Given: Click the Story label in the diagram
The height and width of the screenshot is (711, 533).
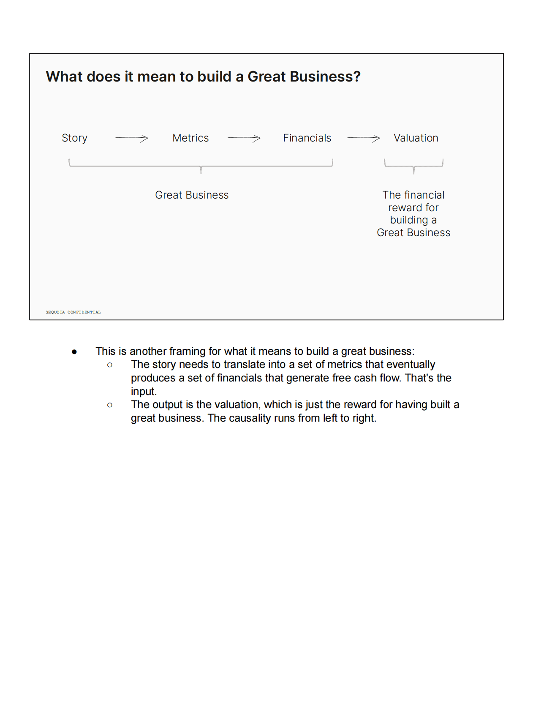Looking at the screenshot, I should [x=74, y=138].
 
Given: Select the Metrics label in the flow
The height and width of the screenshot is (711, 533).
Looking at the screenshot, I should [x=190, y=138].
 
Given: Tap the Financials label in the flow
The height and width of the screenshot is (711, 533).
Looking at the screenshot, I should [x=307, y=138].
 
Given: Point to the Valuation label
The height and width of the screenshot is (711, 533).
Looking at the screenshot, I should [x=416, y=138].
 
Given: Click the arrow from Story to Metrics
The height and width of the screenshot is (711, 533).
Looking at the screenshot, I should [x=132, y=138].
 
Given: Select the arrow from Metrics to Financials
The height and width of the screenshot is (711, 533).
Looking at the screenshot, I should [x=244, y=138].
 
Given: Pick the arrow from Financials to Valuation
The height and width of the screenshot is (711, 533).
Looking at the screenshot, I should [x=364, y=138].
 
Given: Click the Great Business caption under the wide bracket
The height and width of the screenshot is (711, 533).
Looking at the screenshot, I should [x=192, y=195].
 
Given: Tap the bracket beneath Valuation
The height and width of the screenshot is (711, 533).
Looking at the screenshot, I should [x=413, y=166].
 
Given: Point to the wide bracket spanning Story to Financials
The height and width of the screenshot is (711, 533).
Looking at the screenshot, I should [x=201, y=166].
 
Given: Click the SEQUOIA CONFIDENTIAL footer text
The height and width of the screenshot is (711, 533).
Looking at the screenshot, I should [x=73, y=312].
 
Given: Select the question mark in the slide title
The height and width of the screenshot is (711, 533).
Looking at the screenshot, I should [x=357, y=77].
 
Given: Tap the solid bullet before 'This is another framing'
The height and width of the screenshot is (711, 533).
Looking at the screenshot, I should [x=74, y=351].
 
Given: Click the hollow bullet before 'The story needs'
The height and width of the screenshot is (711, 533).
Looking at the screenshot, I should [x=110, y=365].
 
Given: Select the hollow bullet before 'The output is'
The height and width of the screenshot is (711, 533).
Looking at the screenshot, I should [x=110, y=405].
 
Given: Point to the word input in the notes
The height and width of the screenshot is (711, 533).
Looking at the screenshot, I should [x=143, y=392].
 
